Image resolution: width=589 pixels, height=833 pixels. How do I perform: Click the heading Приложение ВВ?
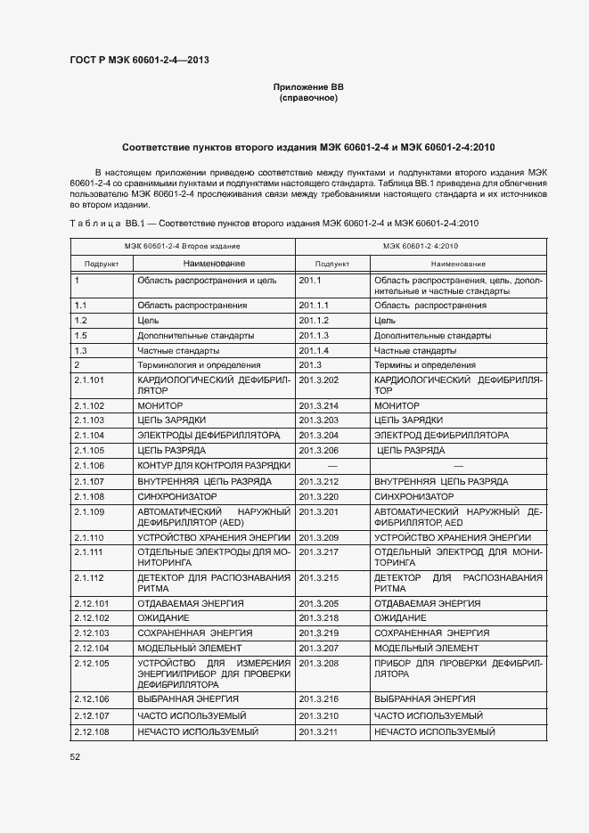tap(308, 86)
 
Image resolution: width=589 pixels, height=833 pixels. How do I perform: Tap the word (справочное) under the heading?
tap(308, 98)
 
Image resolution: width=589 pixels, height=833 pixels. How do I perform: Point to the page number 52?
tap(75, 756)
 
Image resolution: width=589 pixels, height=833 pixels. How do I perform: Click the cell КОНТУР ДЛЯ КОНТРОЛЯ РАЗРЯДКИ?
tap(214, 466)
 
